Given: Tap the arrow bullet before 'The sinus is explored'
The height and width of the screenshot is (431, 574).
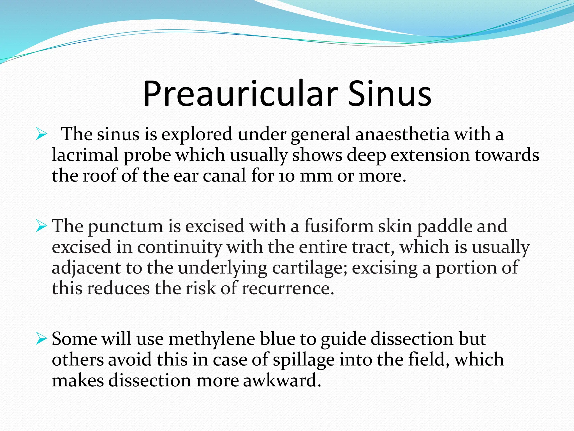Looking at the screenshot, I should [41, 135].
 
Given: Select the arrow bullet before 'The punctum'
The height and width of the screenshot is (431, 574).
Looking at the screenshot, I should [41, 226].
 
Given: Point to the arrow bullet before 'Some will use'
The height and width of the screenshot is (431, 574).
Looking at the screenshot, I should [41, 339].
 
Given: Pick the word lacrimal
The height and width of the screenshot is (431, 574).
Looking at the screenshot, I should [85, 155].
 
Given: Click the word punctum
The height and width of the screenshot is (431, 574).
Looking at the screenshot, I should [126, 226].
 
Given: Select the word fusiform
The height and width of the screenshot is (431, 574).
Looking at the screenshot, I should [339, 226].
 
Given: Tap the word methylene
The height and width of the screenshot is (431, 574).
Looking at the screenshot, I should [212, 339].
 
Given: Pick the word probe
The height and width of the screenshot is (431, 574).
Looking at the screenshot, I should [147, 155].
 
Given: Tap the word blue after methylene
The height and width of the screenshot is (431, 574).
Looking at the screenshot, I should [277, 339].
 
